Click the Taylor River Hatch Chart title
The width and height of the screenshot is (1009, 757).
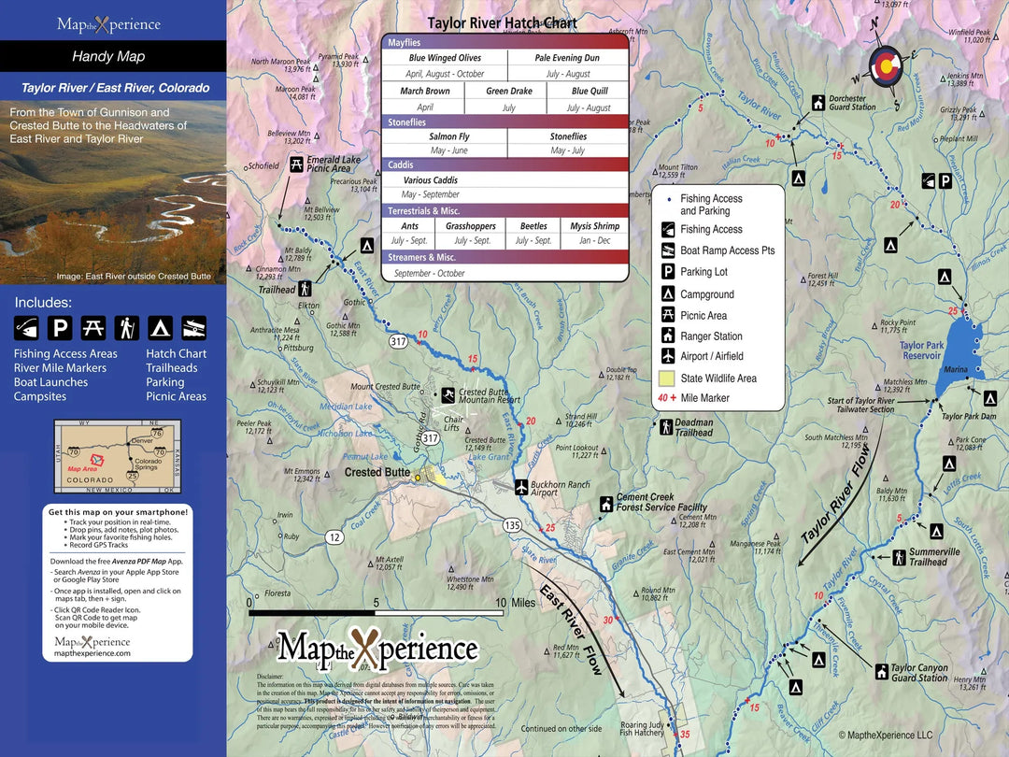[502, 23]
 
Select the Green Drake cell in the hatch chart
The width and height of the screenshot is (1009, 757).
[509, 92]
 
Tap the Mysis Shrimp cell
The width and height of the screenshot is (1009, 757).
[594, 226]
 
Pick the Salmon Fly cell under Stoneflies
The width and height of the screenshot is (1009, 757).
[449, 136]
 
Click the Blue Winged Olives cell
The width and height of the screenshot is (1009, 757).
[445, 58]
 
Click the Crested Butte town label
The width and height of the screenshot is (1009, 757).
[377, 473]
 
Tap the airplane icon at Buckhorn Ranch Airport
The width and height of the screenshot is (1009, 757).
[521, 486]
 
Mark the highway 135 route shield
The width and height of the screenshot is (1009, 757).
[511, 524]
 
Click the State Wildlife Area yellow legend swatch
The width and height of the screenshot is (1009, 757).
[666, 378]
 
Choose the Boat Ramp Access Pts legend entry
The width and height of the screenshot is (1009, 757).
[727, 250]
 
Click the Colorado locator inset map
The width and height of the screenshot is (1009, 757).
[117, 457]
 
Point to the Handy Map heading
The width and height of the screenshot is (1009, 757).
[108, 57]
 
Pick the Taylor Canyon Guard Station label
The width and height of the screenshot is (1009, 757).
[919, 673]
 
